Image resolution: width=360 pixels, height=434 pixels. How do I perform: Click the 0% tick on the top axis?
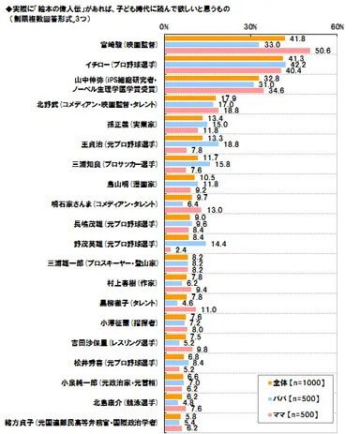click(165, 27)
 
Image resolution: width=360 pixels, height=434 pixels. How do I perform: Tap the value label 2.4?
click(182, 250)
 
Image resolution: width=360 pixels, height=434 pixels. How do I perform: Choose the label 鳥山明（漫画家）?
click(127, 185)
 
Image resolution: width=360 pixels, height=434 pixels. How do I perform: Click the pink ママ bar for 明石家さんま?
click(185, 210)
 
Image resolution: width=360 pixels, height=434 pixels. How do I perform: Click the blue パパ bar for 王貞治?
click(194, 142)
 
